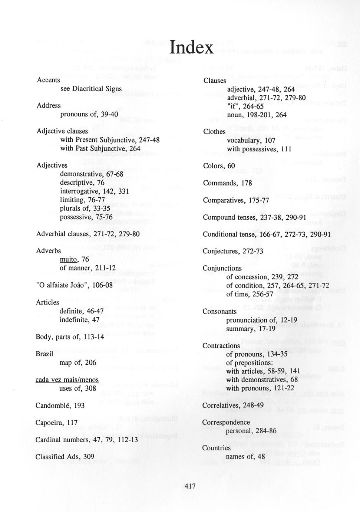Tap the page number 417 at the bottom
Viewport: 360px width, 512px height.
click(x=189, y=486)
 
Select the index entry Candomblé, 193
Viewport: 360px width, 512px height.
click(x=60, y=406)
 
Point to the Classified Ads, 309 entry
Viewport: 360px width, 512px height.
click(x=65, y=457)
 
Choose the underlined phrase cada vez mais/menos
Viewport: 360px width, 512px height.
click(x=67, y=380)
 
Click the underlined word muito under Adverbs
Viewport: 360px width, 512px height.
click(x=68, y=259)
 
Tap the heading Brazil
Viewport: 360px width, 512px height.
click(x=44, y=354)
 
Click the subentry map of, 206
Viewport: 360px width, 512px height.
click(x=77, y=362)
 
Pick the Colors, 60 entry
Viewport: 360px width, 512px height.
click(x=219, y=166)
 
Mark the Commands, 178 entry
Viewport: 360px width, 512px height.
click(x=227, y=183)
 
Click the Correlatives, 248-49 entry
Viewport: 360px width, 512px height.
click(x=233, y=405)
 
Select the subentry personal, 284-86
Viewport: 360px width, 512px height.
click(x=251, y=431)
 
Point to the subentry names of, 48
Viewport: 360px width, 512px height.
click(x=245, y=456)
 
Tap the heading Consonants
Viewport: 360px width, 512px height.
click(x=219, y=312)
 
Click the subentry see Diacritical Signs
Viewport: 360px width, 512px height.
click(x=91, y=89)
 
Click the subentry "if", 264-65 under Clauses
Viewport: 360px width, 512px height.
click(x=245, y=106)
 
